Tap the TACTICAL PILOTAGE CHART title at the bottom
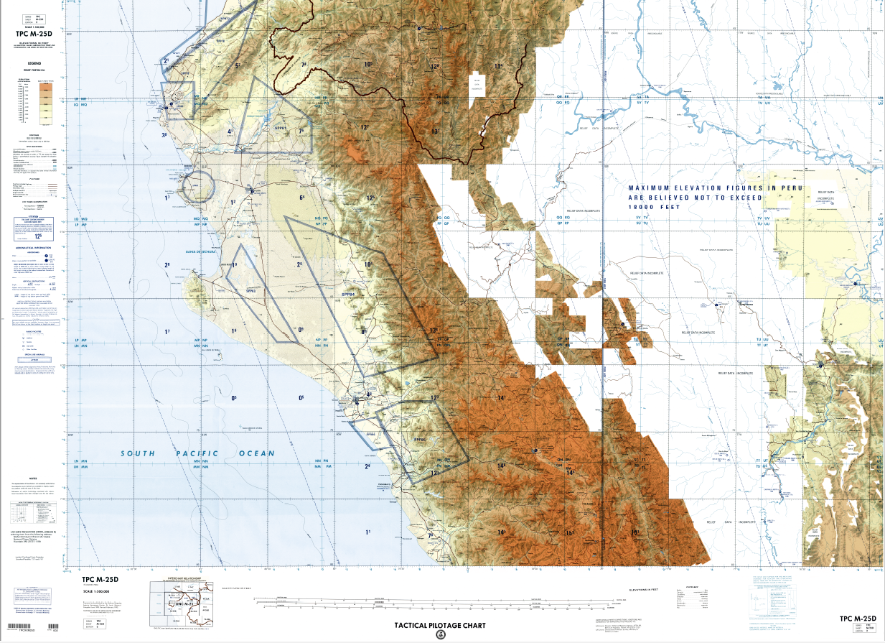[x=439, y=625]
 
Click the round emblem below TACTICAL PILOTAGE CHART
[x=440, y=634]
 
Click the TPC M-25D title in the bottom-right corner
[x=858, y=619]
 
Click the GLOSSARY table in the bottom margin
[x=692, y=601]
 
